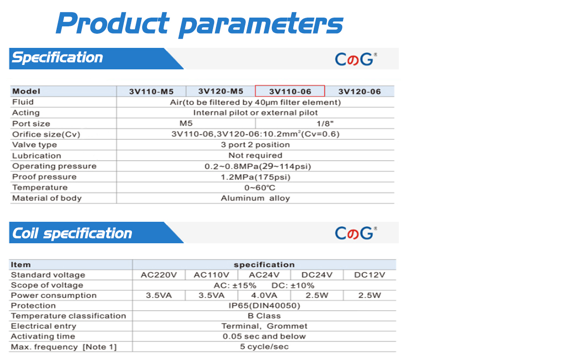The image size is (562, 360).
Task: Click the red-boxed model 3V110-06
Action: pos(290,91)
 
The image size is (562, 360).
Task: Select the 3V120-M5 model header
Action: pos(221,91)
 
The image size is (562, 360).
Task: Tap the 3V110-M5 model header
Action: pos(151,91)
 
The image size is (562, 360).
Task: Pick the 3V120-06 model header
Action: pos(360,91)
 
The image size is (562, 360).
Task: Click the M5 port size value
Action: pos(186,124)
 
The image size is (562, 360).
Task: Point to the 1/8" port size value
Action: pos(325,124)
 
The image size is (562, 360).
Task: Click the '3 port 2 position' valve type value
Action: pos(255,145)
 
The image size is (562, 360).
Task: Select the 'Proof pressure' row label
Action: pos(44,177)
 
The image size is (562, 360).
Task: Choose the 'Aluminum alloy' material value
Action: pos(255,198)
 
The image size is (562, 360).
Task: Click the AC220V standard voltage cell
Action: pos(159,275)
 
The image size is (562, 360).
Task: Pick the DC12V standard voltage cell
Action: pos(369,275)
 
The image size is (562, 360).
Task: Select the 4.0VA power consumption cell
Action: pos(264,296)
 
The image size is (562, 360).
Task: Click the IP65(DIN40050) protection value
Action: pos(264,306)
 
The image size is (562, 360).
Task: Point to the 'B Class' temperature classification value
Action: pos(264,316)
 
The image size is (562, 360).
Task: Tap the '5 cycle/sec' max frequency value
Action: pos(264,347)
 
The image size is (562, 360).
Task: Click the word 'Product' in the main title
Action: pos(112,23)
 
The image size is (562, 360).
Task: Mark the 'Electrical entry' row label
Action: pos(43,326)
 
